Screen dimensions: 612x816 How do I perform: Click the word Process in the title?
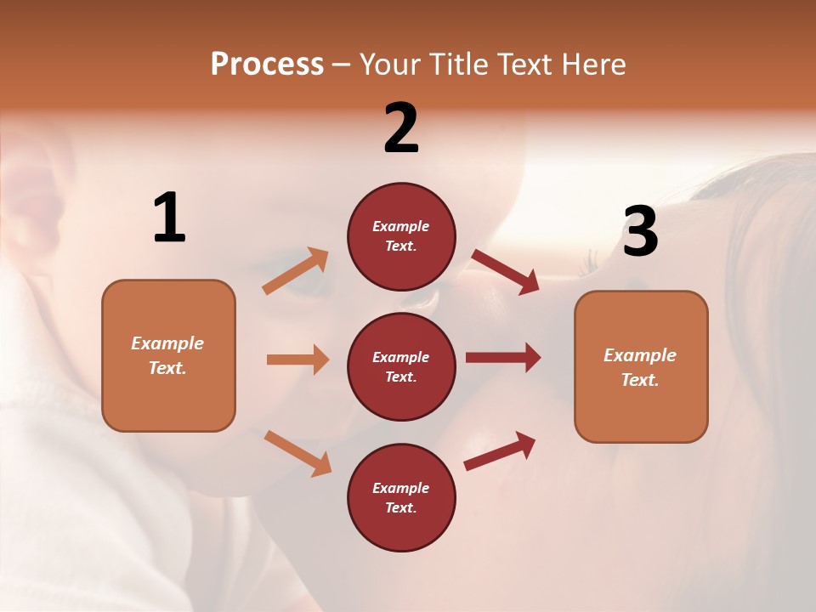tap(267, 64)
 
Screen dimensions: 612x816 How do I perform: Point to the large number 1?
tap(168, 218)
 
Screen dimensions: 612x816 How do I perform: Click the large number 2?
tap(401, 128)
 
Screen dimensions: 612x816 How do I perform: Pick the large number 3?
tap(640, 231)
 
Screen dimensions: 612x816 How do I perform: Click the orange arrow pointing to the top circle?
tap(296, 271)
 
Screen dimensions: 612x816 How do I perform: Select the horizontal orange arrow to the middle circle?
tap(297, 360)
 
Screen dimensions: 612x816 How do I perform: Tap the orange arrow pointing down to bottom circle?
tap(297, 452)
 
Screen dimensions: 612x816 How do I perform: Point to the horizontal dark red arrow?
tap(503, 358)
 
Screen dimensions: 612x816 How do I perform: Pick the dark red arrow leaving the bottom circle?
tap(501, 450)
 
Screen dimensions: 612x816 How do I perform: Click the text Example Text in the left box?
tap(167, 355)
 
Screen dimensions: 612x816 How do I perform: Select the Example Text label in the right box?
tap(640, 367)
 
